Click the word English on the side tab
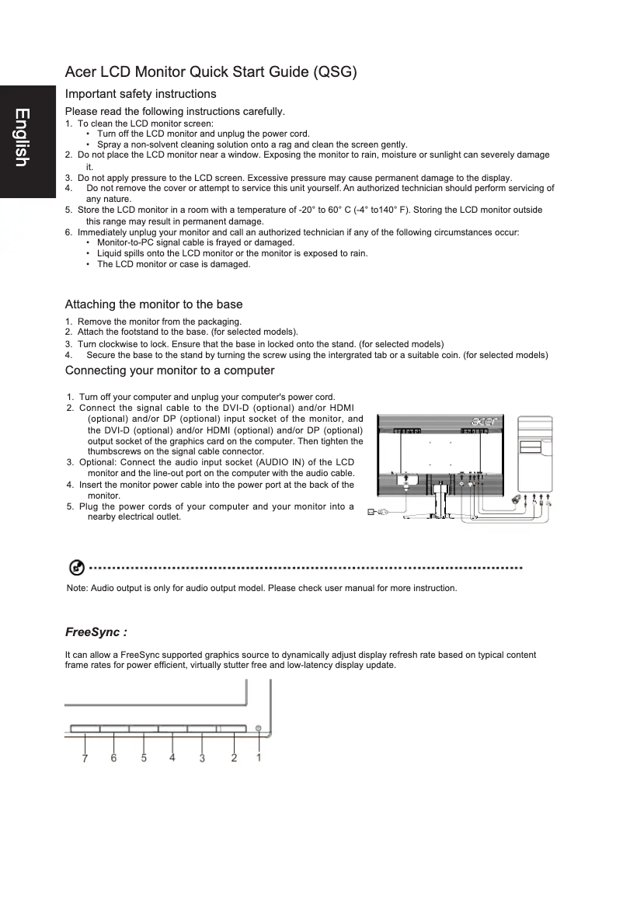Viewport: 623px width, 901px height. pyautogui.click(x=22, y=137)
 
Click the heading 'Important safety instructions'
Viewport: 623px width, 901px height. pyautogui.click(x=141, y=94)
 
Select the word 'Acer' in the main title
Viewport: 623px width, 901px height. pyautogui.click(x=82, y=72)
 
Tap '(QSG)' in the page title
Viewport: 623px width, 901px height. pyautogui.click(x=334, y=72)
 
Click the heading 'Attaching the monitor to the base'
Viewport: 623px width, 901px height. pyautogui.click(x=154, y=304)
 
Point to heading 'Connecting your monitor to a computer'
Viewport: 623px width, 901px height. pyautogui.click(x=169, y=370)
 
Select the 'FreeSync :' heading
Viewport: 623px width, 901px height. pyautogui.click(x=96, y=632)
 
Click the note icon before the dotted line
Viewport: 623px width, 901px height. pyautogui.click(x=76, y=568)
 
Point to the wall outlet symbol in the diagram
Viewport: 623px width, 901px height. pyautogui.click(x=371, y=512)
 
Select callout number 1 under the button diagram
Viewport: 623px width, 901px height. pyautogui.click(x=259, y=758)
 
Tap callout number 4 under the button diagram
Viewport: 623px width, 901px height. pyautogui.click(x=172, y=758)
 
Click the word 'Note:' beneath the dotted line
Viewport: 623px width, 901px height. pyautogui.click(x=78, y=588)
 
